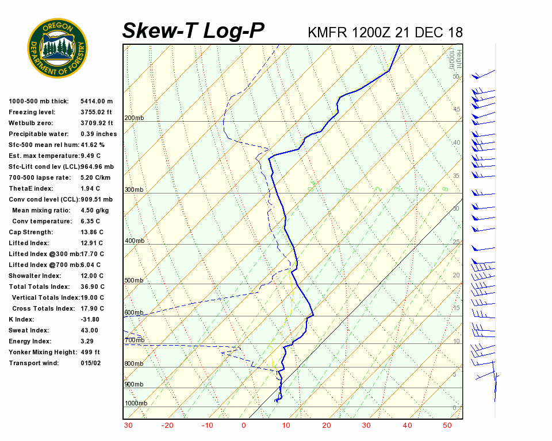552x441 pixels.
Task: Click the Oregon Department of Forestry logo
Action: click(57, 48)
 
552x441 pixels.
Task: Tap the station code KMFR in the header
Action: click(325, 32)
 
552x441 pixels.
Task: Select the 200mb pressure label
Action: click(134, 118)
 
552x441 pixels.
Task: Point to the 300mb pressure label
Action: click(134, 189)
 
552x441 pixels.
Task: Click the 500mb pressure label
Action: click(134, 281)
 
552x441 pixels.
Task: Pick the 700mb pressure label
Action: click(134, 341)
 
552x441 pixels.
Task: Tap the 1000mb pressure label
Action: click(136, 403)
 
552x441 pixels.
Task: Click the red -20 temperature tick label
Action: click(167, 425)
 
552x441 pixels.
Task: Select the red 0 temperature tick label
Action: click(244, 425)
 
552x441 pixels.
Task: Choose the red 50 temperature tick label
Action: click(447, 425)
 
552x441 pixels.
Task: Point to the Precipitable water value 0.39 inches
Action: click(99, 134)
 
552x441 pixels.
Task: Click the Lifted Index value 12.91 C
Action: click(91, 243)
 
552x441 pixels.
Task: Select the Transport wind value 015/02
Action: click(91, 363)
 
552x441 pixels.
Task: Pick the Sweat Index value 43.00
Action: click(89, 330)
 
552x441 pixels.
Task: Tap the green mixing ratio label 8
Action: click(445, 189)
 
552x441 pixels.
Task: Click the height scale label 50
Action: click(456, 76)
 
